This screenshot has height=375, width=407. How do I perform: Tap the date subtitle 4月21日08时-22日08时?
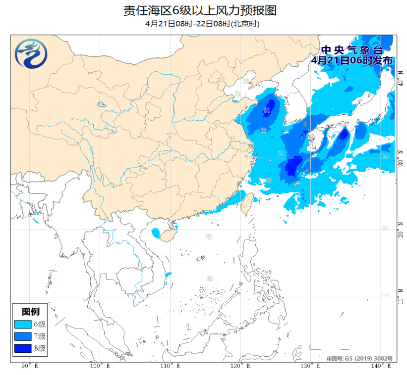pos(203,24)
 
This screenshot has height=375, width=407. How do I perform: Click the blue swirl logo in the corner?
pos(31,53)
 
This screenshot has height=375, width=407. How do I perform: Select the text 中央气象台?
pos(351,50)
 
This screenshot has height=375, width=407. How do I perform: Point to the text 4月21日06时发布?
pos(351,60)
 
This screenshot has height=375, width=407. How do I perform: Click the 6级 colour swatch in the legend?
pos(23,325)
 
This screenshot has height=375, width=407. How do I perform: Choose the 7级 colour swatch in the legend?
pos(23,336)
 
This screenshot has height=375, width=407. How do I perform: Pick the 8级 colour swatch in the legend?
pos(23,348)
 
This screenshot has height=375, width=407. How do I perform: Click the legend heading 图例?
pos(31,312)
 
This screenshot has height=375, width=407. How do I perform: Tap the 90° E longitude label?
pos(30,366)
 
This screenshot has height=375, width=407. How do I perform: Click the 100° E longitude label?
pos(100,366)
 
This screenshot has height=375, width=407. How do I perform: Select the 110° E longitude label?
pos(170,366)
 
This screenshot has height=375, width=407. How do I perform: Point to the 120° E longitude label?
pos(241,366)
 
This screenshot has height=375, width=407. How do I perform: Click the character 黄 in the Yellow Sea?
pos(267,110)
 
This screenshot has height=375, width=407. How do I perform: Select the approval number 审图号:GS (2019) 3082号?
pos(359,358)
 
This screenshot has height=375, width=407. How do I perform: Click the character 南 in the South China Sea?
pos(209,237)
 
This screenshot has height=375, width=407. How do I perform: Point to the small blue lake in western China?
pos(102,105)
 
